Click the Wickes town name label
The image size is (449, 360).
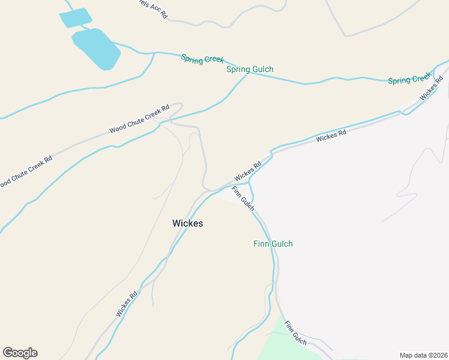pyautogui.click(x=187, y=223)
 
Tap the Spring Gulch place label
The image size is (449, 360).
pyautogui.click(x=250, y=70)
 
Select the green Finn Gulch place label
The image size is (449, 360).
pyautogui.click(x=273, y=244)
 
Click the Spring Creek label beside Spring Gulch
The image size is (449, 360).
pyautogui.click(x=202, y=59)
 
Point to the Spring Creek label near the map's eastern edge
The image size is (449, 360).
pyautogui.click(x=409, y=79)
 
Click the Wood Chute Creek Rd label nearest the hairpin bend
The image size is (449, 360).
pyautogui.click(x=139, y=119)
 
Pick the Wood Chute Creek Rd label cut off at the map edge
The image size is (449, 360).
pyautogui.click(x=25, y=171)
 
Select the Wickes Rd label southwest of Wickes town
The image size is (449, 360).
pyautogui.click(x=127, y=304)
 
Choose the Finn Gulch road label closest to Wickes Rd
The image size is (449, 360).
pyautogui.click(x=243, y=199)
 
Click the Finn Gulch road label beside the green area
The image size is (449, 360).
pyautogui.click(x=295, y=333)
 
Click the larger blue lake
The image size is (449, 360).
pyautogui.click(x=96, y=49)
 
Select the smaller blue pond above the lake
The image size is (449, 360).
pyautogui.click(x=76, y=18)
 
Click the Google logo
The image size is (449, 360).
pyautogui.click(x=20, y=353)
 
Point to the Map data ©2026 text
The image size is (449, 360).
pyautogui.click(x=423, y=355)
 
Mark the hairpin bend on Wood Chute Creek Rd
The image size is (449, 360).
pyautogui.click(x=179, y=106)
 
